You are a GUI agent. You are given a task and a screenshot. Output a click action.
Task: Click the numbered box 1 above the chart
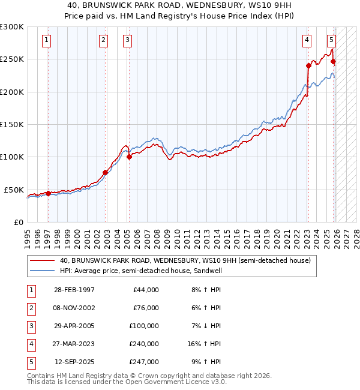[47, 40]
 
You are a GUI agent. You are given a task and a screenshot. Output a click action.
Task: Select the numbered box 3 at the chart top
[128, 40]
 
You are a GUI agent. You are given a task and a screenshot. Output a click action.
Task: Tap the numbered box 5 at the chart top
[331, 40]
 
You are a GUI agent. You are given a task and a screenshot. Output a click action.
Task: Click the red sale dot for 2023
[308, 65]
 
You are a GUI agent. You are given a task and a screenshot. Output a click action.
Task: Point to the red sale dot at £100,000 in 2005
[129, 157]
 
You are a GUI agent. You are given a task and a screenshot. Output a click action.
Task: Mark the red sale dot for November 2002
[105, 172]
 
